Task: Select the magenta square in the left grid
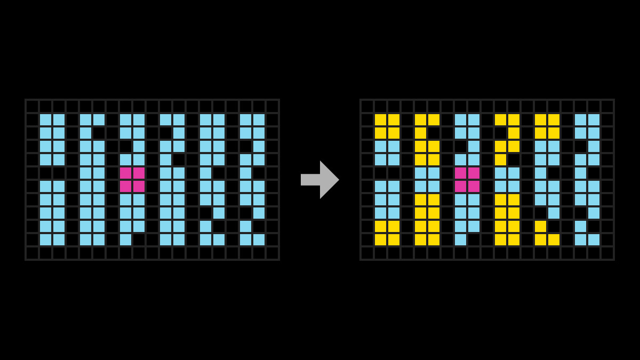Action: pos(132,180)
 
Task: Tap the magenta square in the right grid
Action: pos(467,180)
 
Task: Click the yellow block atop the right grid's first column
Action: pos(387,126)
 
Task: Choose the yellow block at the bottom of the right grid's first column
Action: pos(387,233)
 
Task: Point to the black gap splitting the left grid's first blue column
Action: pos(52,173)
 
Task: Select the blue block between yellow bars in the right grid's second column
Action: pos(427,180)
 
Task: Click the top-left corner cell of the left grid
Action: pos(32,106)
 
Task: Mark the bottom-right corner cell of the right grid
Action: pos(607,253)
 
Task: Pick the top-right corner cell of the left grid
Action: pos(272,106)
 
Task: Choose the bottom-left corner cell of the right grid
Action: pos(367,253)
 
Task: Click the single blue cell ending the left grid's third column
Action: pos(125,239)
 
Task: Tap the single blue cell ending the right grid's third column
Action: pos(460,239)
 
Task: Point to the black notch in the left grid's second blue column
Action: pos(99,133)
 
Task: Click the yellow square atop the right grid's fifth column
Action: pos(547,126)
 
